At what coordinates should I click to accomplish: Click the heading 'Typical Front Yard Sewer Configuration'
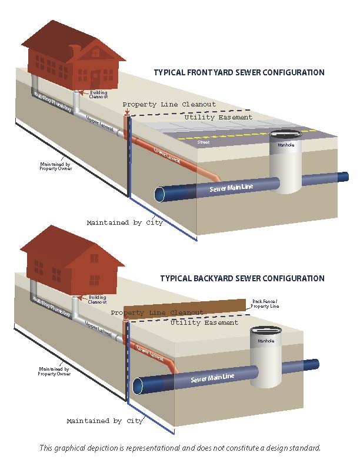pyautogui.click(x=239, y=73)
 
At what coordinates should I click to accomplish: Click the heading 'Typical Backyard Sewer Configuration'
pyautogui.click(x=242, y=278)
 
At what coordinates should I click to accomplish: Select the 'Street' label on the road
pyautogui.click(x=204, y=142)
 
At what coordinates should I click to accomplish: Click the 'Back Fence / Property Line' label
pyautogui.click(x=265, y=304)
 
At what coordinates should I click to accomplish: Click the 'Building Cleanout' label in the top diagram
pyautogui.click(x=99, y=94)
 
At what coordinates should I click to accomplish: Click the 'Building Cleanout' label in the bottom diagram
pyautogui.click(x=98, y=299)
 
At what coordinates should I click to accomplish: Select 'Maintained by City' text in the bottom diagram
pyautogui.click(x=105, y=421)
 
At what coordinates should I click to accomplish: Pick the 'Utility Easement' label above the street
pyautogui.click(x=218, y=118)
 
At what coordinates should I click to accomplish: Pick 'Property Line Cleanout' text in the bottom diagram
pyautogui.click(x=156, y=312)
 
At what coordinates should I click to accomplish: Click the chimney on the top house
pyautogui.click(x=74, y=51)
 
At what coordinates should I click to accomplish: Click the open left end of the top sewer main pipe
pyautogui.click(x=159, y=194)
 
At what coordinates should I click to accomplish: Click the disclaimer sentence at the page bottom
pyautogui.click(x=180, y=448)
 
